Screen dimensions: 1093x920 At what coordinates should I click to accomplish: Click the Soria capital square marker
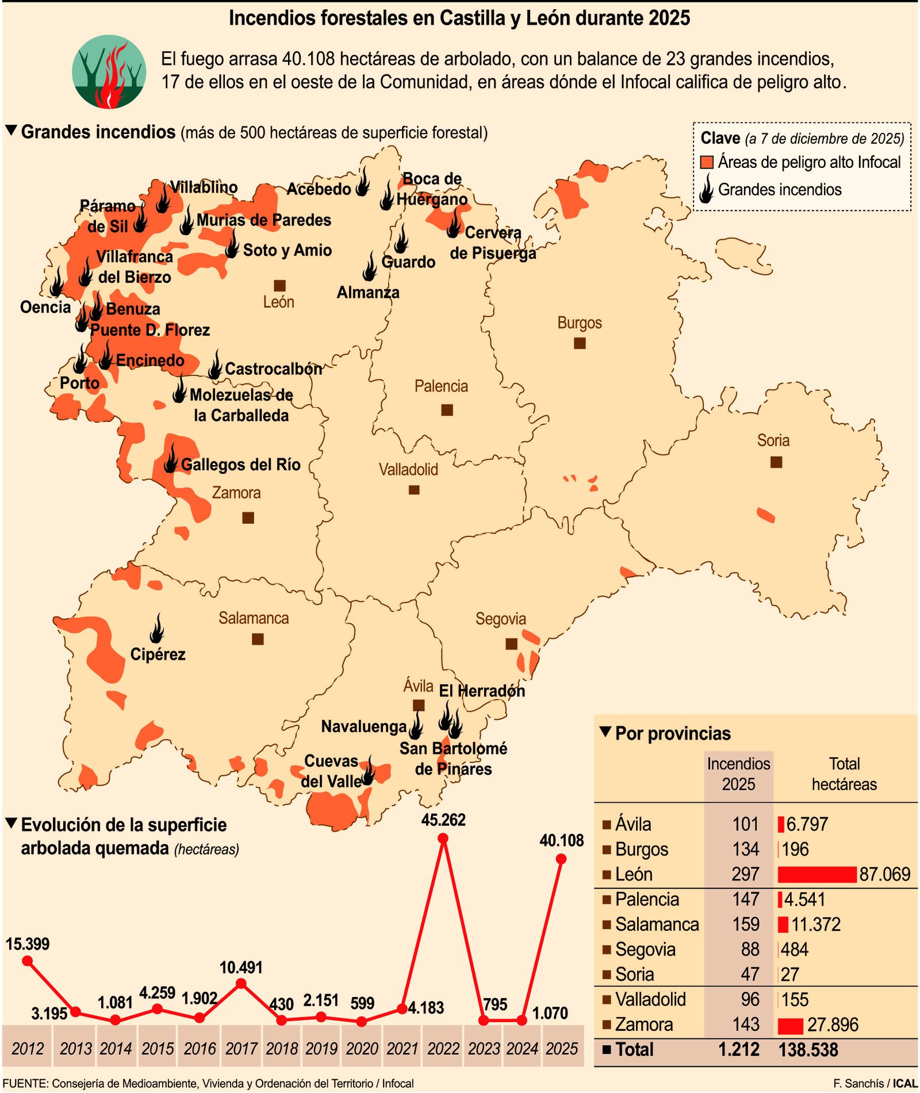pyautogui.click(x=776, y=462)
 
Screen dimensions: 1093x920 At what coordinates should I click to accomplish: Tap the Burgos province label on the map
pyautogui.click(x=580, y=323)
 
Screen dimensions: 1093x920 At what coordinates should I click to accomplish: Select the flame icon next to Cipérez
pyautogui.click(x=156, y=628)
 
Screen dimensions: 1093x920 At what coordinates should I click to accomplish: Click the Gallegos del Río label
pyautogui.click(x=241, y=465)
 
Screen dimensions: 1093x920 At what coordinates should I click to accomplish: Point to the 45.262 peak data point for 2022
pyautogui.click(x=443, y=839)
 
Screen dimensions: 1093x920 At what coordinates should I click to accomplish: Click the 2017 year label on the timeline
pyautogui.click(x=241, y=1049)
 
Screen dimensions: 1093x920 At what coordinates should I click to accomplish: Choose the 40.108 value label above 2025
pyautogui.click(x=561, y=841)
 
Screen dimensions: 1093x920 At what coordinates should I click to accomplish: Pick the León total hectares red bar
pyautogui.click(x=816, y=875)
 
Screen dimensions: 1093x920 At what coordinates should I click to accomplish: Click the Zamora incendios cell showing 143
pyautogui.click(x=746, y=1025)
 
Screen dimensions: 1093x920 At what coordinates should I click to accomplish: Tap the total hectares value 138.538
pyautogui.click(x=808, y=1050)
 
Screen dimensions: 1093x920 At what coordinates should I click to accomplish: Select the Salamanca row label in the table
pyautogui.click(x=657, y=925)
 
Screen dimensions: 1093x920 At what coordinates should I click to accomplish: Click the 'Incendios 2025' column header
pyautogui.click(x=738, y=774)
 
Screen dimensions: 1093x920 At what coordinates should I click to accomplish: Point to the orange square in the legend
pyautogui.click(x=707, y=163)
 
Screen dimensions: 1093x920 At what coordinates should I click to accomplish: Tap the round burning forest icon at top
pyautogui.click(x=109, y=72)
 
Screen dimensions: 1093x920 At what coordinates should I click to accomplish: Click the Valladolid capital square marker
pyautogui.click(x=414, y=490)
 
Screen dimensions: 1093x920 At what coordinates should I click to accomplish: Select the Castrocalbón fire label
pyautogui.click(x=273, y=369)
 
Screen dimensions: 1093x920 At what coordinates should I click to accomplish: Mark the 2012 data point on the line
pyautogui.click(x=27, y=961)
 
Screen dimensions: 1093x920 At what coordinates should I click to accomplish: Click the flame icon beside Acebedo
pyautogui.click(x=363, y=183)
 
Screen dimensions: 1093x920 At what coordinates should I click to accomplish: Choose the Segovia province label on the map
pyautogui.click(x=500, y=619)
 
